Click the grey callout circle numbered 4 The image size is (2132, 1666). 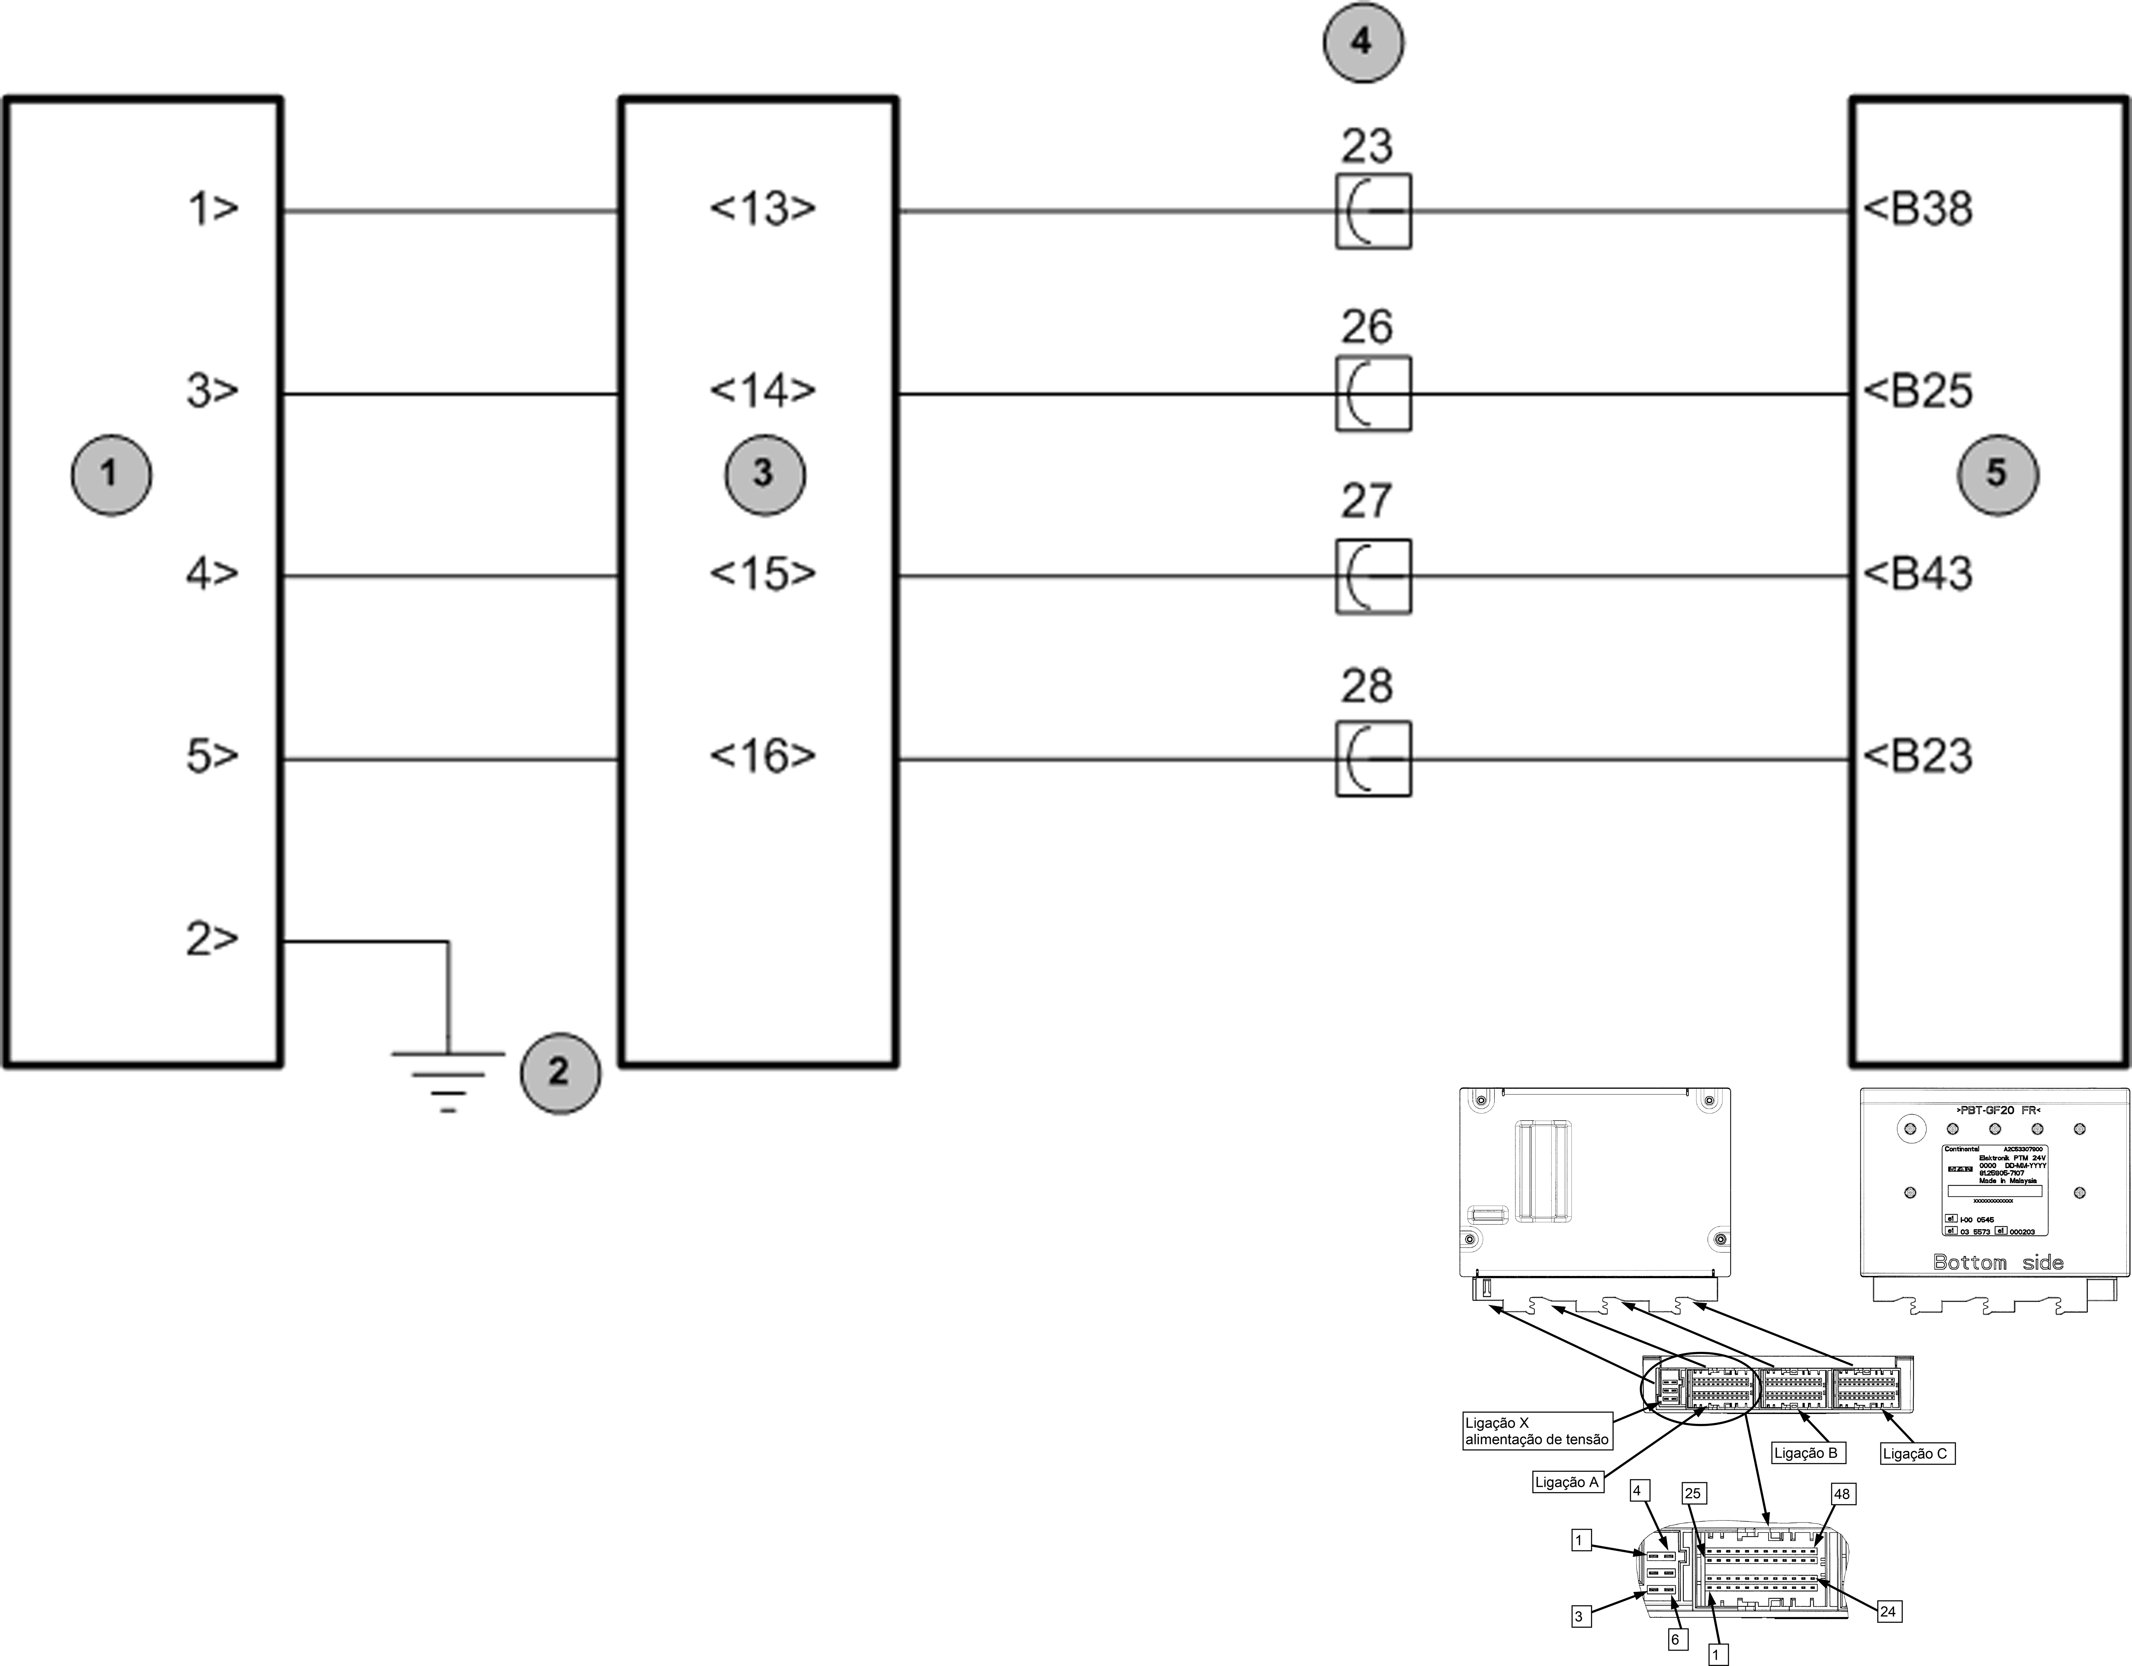[1363, 43]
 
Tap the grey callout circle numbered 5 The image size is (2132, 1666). [1997, 474]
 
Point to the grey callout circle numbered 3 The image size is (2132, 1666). [764, 474]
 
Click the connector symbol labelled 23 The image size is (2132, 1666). [1373, 211]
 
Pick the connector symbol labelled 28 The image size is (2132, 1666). [1373, 758]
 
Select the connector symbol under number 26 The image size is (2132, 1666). [1373, 393]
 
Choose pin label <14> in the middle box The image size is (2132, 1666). [762, 390]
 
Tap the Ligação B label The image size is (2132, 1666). [1805, 1453]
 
